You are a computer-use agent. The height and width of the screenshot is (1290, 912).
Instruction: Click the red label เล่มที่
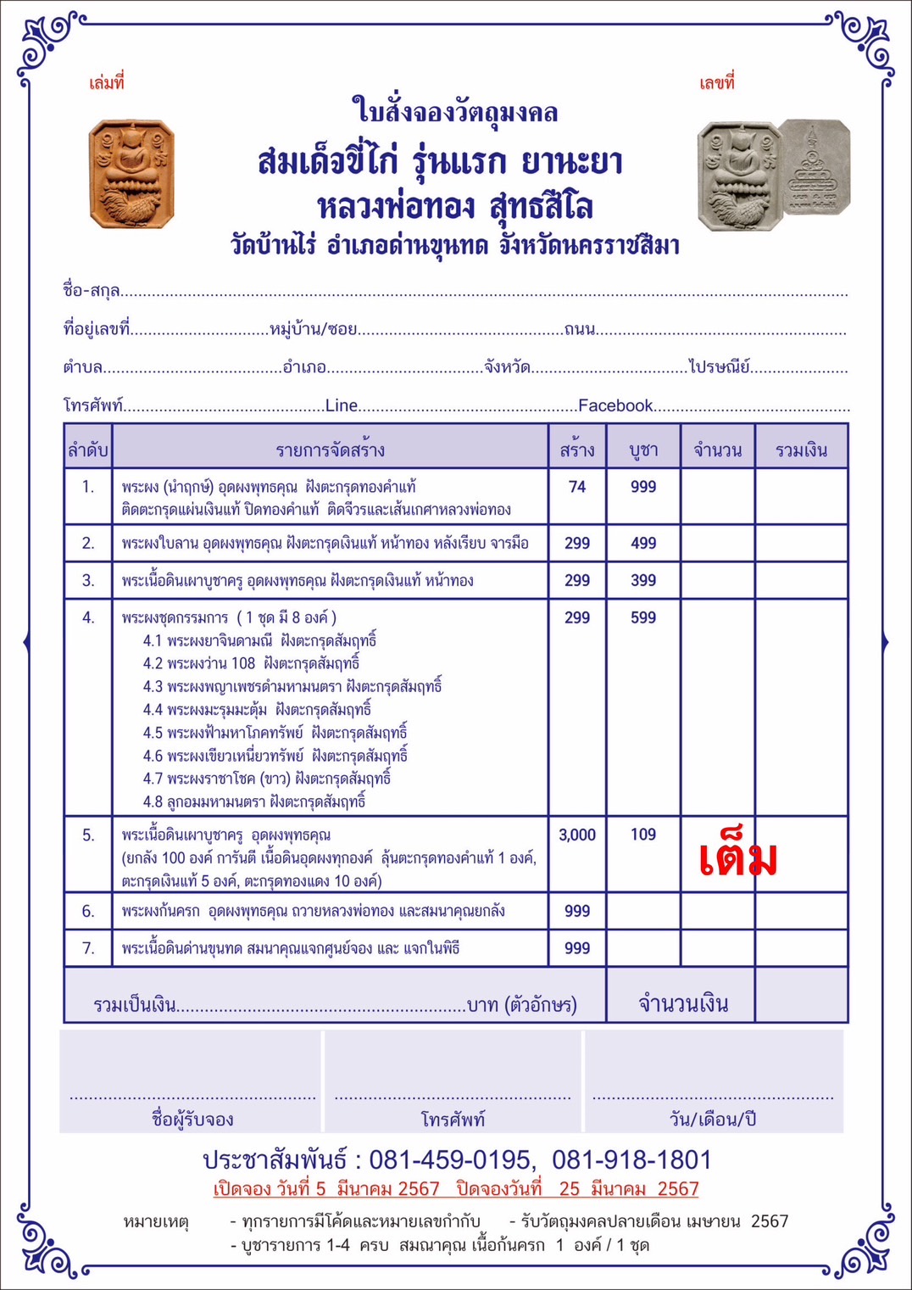(x=107, y=83)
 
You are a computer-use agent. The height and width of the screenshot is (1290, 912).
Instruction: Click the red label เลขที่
(x=717, y=82)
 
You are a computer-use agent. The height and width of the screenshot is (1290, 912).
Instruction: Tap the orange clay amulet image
(x=131, y=174)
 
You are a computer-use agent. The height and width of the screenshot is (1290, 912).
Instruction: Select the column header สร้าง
(x=577, y=450)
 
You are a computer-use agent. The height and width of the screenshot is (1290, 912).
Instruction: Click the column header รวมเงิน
(x=801, y=450)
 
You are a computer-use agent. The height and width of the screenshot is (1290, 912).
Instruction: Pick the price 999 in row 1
(x=643, y=487)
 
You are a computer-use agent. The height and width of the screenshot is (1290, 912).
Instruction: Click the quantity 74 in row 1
(x=577, y=487)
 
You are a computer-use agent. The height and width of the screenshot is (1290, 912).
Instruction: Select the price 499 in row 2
(x=643, y=543)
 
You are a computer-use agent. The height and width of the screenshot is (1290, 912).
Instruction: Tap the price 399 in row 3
(x=643, y=580)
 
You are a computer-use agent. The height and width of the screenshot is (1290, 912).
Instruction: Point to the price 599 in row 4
(x=643, y=617)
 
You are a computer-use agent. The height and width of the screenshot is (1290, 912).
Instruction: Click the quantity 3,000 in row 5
(x=577, y=835)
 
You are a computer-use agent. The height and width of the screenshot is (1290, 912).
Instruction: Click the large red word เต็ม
(x=738, y=858)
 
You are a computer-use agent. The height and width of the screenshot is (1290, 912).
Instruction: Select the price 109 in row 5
(x=643, y=835)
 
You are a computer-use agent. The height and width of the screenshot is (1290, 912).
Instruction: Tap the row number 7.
(x=88, y=948)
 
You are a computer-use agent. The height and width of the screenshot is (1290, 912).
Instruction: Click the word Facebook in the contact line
(x=615, y=405)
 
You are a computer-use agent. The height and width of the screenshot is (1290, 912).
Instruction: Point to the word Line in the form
(x=342, y=405)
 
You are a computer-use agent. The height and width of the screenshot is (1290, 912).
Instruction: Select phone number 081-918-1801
(x=631, y=1159)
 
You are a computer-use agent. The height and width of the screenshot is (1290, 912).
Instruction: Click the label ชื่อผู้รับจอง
(x=192, y=1119)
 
